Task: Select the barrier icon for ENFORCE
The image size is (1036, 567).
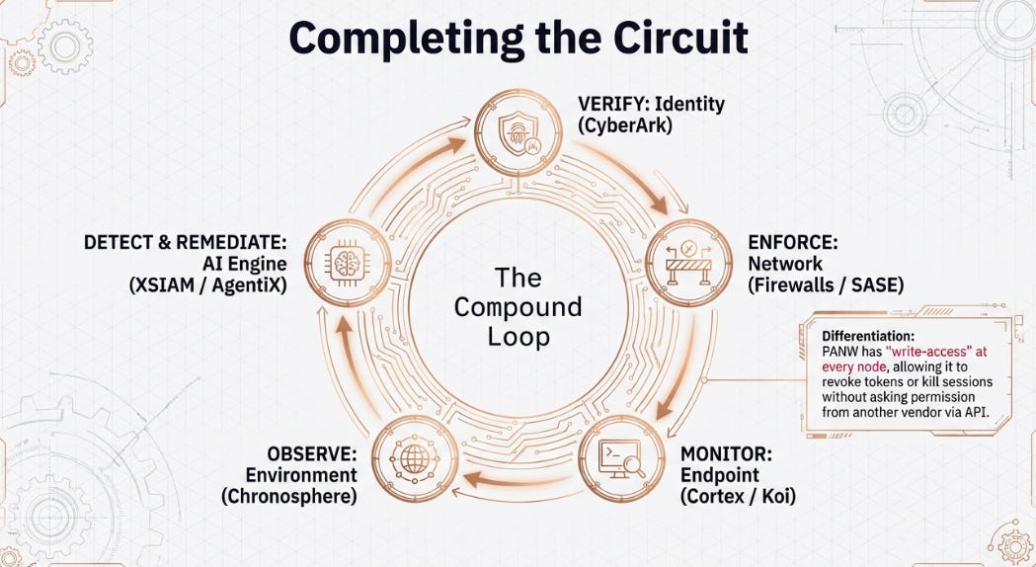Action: [688, 263]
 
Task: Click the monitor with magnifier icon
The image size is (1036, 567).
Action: [622, 458]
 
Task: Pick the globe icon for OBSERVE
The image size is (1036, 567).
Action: [415, 458]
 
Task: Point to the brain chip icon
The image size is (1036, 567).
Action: [348, 263]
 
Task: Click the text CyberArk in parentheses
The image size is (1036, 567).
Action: [624, 125]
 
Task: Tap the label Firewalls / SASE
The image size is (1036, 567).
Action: [826, 284]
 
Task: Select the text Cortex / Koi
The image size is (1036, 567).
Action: [738, 496]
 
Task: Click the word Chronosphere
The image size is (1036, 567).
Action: [289, 496]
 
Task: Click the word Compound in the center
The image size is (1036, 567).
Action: [518, 307]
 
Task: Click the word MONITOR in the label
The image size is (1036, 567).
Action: [726, 454]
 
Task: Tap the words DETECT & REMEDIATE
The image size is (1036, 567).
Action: [186, 243]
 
